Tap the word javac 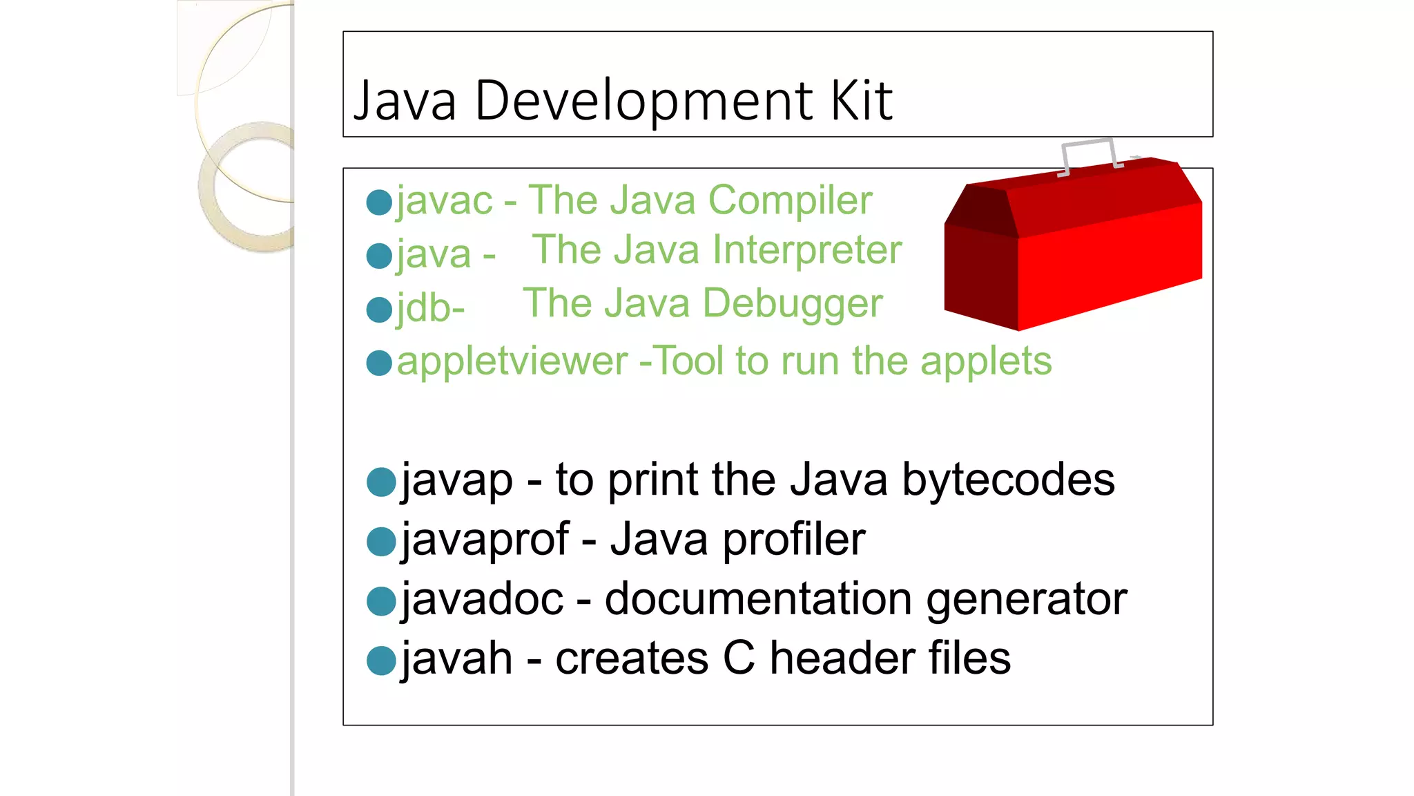coord(445,201)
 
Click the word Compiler coord(790,201)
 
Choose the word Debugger coord(792,304)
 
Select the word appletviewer coord(512,361)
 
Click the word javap coord(457,480)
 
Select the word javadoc coord(482,599)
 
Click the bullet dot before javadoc coord(381,601)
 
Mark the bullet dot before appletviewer coord(379,363)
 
